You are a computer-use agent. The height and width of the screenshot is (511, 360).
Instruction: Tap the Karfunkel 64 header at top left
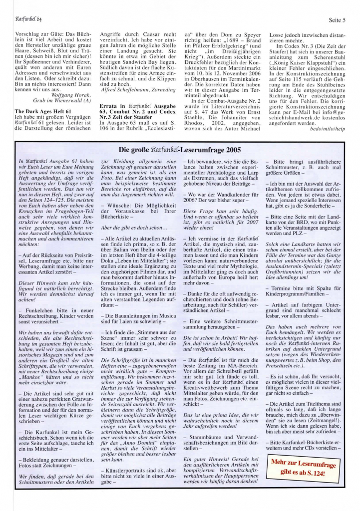[28, 6]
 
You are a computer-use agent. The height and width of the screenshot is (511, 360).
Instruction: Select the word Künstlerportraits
[128, 470]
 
